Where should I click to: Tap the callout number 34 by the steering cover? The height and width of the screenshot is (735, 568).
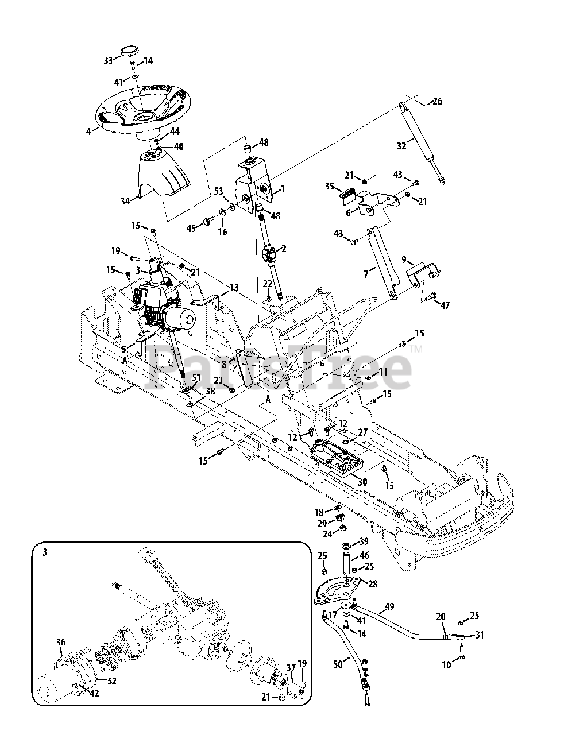click(126, 200)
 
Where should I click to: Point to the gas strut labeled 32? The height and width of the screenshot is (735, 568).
click(422, 143)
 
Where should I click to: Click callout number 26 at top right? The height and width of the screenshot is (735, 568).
click(436, 101)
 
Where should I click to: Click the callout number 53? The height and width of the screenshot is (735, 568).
click(219, 191)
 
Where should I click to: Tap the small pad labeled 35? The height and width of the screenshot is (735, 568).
click(349, 196)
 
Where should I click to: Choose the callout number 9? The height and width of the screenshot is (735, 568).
click(404, 260)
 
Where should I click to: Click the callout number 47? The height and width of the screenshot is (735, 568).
click(445, 305)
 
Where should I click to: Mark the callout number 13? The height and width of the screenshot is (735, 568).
click(234, 287)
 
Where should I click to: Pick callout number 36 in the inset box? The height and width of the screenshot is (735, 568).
click(60, 642)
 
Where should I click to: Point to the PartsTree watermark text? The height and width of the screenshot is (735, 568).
click(279, 367)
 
